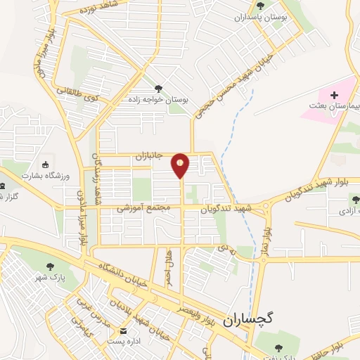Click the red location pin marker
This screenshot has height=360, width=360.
181,166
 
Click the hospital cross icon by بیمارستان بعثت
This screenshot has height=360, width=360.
333,94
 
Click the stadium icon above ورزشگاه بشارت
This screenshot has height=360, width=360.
46,162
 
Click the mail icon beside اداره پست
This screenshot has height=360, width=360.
124,331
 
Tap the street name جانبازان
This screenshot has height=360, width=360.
150,158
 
